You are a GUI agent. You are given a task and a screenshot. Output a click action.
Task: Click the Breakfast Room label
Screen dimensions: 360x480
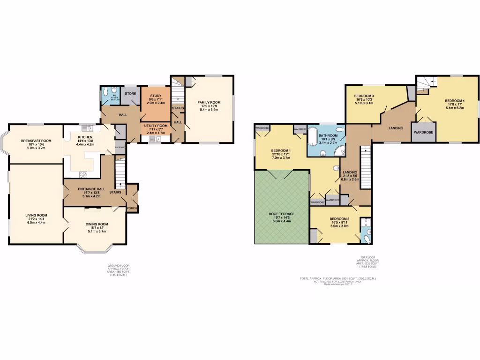coord(36,141)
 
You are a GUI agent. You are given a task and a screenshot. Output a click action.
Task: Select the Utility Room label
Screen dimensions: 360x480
coord(155,126)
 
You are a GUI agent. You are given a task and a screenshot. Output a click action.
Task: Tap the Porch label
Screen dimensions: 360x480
coord(131,208)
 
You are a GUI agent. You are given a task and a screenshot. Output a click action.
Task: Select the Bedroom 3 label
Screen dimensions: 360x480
coord(364,96)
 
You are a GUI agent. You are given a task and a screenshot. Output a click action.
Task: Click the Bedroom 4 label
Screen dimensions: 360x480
coord(455,101)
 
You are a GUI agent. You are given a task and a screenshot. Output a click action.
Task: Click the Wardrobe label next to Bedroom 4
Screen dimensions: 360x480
coord(424,132)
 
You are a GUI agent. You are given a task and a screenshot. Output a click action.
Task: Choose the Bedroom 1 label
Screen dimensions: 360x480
coord(281,151)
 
